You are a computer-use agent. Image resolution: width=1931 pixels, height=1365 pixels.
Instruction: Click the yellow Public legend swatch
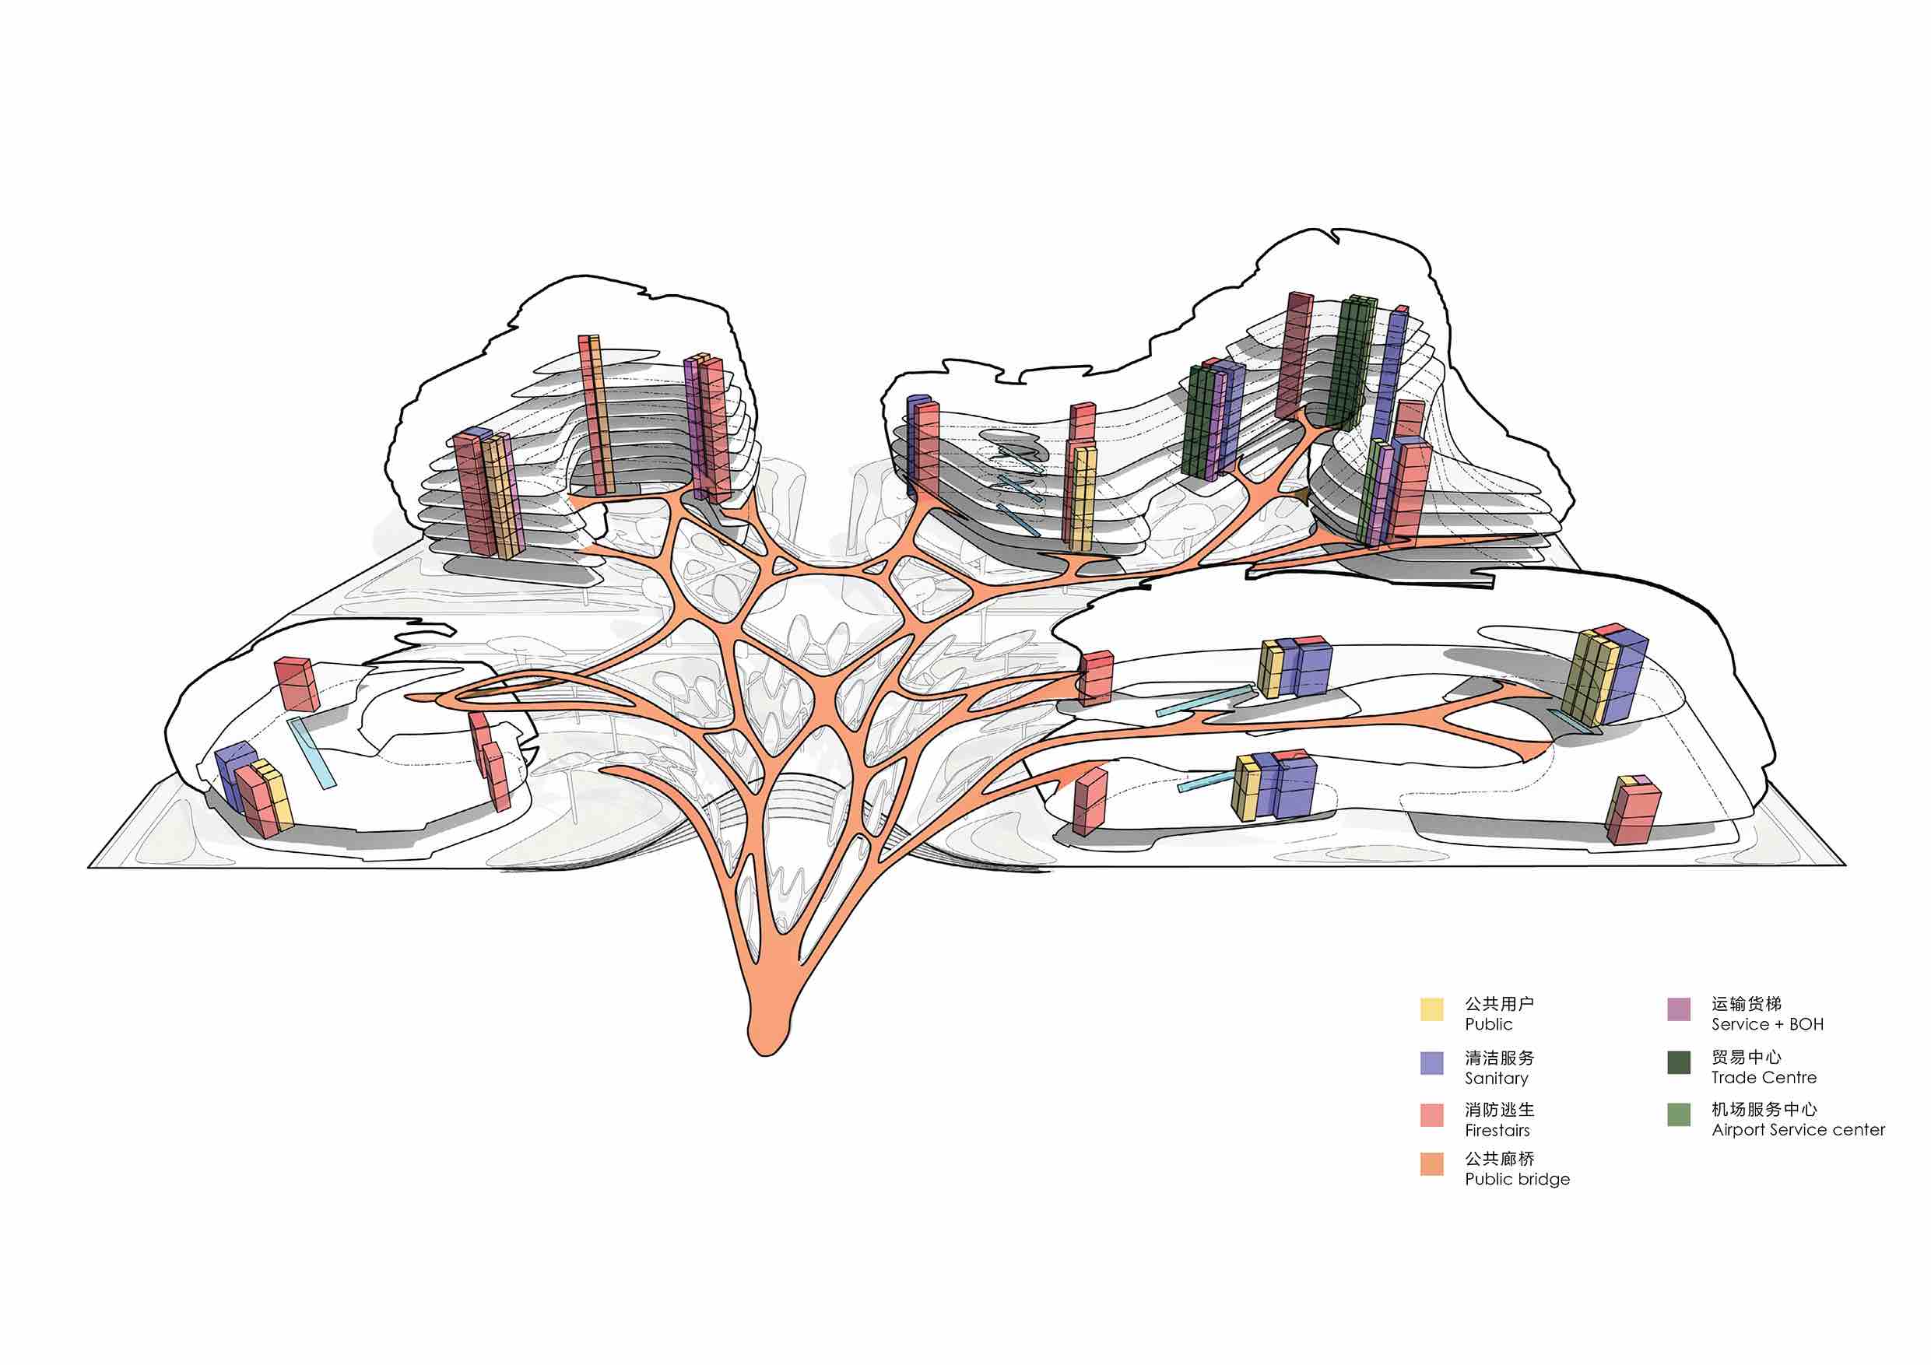1431,1009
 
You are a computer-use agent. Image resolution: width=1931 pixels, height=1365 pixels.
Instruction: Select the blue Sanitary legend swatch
1431,1062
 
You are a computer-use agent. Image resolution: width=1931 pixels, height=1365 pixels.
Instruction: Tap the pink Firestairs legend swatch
1431,1114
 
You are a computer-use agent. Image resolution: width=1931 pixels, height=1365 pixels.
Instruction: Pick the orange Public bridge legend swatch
1431,1164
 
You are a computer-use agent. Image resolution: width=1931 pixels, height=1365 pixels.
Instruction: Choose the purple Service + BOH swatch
1679,1009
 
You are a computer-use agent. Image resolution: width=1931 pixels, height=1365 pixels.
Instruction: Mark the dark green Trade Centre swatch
1679,1062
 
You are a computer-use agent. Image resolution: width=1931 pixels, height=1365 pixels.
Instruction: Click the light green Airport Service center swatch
1679,1114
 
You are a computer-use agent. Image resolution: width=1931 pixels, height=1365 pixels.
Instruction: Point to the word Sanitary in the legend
1496,1078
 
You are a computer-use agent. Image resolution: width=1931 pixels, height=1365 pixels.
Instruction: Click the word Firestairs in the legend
1497,1130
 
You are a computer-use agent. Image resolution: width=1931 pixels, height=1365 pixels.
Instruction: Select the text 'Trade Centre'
1764,1077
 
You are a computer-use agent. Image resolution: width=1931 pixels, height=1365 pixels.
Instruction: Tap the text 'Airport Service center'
1798,1129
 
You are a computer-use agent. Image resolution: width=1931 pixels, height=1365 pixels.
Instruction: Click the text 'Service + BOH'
1767,1024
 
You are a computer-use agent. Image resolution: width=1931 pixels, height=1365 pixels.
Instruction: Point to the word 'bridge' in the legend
1543,1179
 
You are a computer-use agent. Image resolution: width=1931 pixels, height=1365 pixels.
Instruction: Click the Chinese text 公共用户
1500,1003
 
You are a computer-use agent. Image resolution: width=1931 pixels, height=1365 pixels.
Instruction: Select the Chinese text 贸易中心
1746,1056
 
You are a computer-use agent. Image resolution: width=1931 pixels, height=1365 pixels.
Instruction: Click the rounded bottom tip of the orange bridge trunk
765,1051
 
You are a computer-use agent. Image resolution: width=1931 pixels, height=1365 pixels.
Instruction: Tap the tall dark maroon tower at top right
1294,356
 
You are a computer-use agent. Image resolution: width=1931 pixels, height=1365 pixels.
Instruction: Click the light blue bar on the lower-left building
311,753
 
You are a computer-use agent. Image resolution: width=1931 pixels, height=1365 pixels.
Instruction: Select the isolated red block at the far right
1632,809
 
